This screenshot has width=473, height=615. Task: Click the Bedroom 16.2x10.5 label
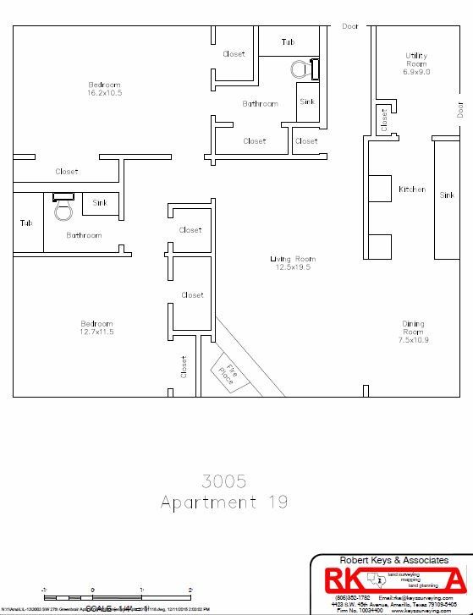pos(105,89)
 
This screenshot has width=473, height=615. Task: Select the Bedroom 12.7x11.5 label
pos(96,328)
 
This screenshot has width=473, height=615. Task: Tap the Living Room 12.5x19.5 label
pos(291,263)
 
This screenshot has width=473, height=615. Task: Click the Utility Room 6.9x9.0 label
pos(416,64)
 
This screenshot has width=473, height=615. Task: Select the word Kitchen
pos(412,189)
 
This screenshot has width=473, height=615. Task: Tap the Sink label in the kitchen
pos(447,195)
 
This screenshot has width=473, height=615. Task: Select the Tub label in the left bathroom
pos(26,223)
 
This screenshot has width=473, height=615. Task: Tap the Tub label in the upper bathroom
pos(288,41)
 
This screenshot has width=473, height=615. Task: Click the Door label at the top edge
pos(349,26)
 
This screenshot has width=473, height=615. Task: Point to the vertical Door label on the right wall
pos(460,109)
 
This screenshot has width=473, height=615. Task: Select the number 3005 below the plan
pos(224,481)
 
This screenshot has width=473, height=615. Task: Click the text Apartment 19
pos(224,502)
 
